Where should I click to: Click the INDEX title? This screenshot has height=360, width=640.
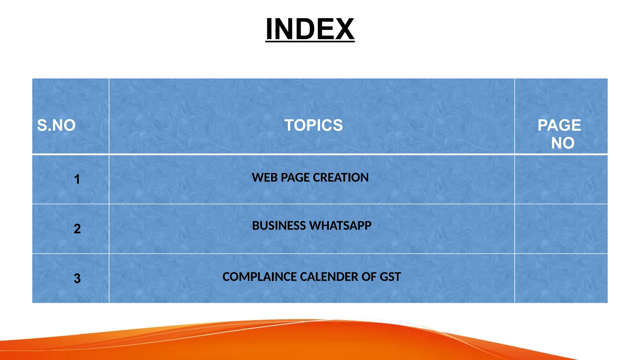pyautogui.click(x=310, y=29)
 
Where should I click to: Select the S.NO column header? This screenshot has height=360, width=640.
pyautogui.click(x=56, y=125)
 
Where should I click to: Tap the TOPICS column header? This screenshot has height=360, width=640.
pyautogui.click(x=313, y=125)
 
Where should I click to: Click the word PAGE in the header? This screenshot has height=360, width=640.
pyautogui.click(x=559, y=125)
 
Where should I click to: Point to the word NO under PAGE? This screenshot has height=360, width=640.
pyautogui.click(x=562, y=143)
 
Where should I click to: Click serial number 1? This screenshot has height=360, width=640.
pyautogui.click(x=77, y=179)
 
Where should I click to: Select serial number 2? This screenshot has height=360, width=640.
pyautogui.click(x=77, y=229)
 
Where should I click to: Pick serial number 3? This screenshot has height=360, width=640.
pyautogui.click(x=77, y=278)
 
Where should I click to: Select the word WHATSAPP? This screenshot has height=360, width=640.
pyautogui.click(x=341, y=226)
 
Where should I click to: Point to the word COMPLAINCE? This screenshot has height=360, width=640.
pyautogui.click(x=259, y=277)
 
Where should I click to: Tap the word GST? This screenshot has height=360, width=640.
pyautogui.click(x=390, y=277)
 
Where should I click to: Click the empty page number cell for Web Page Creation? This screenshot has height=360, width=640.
pyautogui.click(x=561, y=179)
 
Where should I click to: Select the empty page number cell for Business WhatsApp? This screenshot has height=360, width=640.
pyautogui.click(x=561, y=229)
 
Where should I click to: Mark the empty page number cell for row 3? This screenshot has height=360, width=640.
pyautogui.click(x=561, y=278)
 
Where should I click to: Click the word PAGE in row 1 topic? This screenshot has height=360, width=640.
pyautogui.click(x=295, y=177)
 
